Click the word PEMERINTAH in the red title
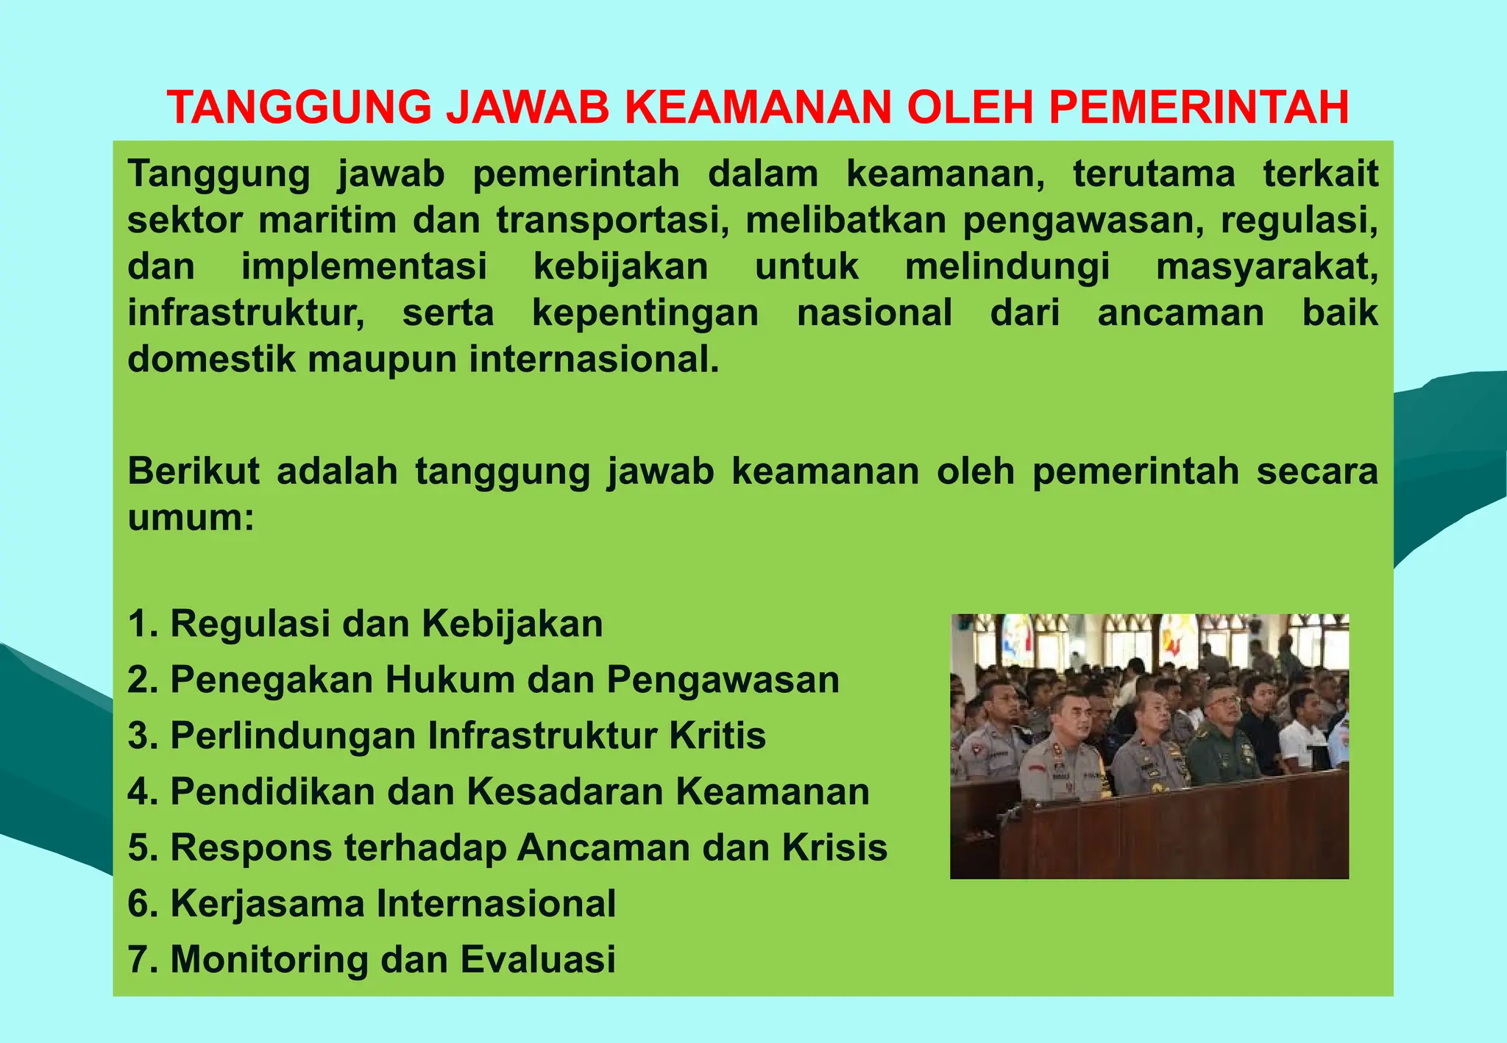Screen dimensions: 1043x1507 point(1199,107)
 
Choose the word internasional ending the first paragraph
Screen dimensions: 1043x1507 point(593,360)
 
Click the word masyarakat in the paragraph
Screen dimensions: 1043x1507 point(1266,266)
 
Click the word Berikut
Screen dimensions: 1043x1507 point(194,471)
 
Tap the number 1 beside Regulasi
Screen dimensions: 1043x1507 point(138,624)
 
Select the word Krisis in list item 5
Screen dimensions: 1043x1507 point(834,847)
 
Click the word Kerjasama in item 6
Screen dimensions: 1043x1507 point(267,903)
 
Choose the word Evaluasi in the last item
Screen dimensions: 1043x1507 point(538,959)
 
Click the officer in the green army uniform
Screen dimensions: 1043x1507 point(1224,743)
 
